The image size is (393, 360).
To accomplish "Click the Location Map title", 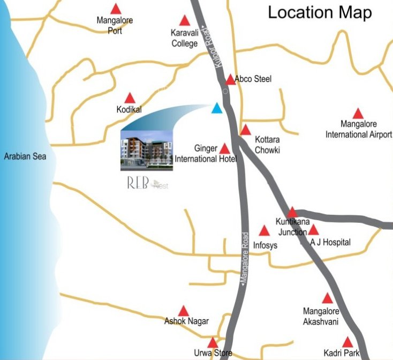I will [x=320, y=13].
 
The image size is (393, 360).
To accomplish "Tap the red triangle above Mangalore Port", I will [x=115, y=9].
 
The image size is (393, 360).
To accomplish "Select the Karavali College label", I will [x=184, y=39].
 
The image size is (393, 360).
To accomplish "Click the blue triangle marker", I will [x=217, y=109].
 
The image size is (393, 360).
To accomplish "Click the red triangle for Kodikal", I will [x=130, y=98].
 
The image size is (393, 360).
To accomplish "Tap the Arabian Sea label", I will [x=25, y=156].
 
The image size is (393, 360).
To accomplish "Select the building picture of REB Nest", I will [x=147, y=150].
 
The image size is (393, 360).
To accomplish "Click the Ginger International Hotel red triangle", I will [x=225, y=149].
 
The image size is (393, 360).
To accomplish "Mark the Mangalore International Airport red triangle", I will [x=358, y=114].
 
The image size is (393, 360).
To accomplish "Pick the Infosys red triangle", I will [x=264, y=231].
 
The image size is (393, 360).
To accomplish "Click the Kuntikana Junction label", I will [x=292, y=226].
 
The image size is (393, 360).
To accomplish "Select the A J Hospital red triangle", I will [x=314, y=230].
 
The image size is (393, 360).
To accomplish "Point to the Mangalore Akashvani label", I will [x=321, y=316].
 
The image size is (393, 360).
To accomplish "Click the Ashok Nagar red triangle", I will [x=184, y=311].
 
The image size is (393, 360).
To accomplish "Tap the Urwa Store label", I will [x=213, y=353].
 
